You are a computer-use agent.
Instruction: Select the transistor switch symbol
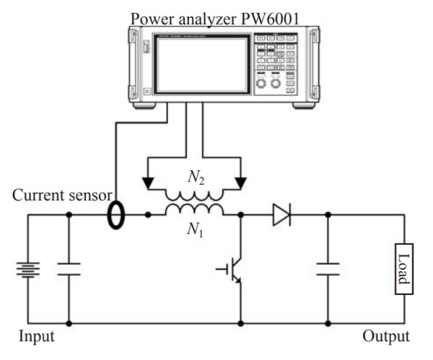232,270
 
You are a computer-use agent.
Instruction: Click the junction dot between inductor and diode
240,214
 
